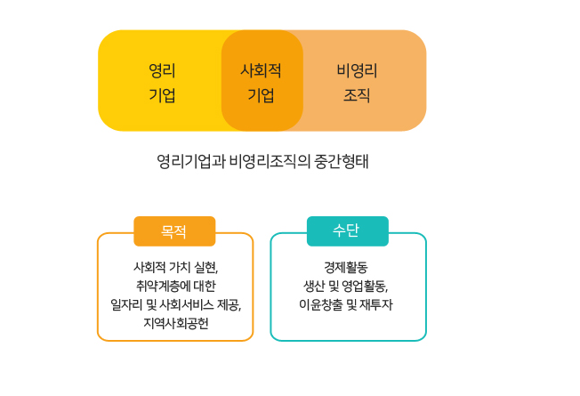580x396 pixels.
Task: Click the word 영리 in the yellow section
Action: (162, 69)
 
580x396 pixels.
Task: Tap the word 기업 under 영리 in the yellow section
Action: (162, 95)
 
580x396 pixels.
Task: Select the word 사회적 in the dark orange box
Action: (262, 69)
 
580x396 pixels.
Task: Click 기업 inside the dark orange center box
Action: (262, 95)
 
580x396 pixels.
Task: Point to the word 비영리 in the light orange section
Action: (357, 69)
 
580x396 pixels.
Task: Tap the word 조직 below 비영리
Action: (357, 95)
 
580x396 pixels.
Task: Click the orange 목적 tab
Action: (174, 231)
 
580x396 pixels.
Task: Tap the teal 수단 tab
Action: (347, 230)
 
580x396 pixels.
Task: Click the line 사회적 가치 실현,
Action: (175, 267)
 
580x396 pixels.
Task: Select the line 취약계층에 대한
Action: (175, 286)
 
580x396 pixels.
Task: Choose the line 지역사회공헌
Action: (175, 323)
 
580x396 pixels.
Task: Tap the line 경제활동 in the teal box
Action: (347, 267)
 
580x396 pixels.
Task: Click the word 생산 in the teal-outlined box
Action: (317, 286)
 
